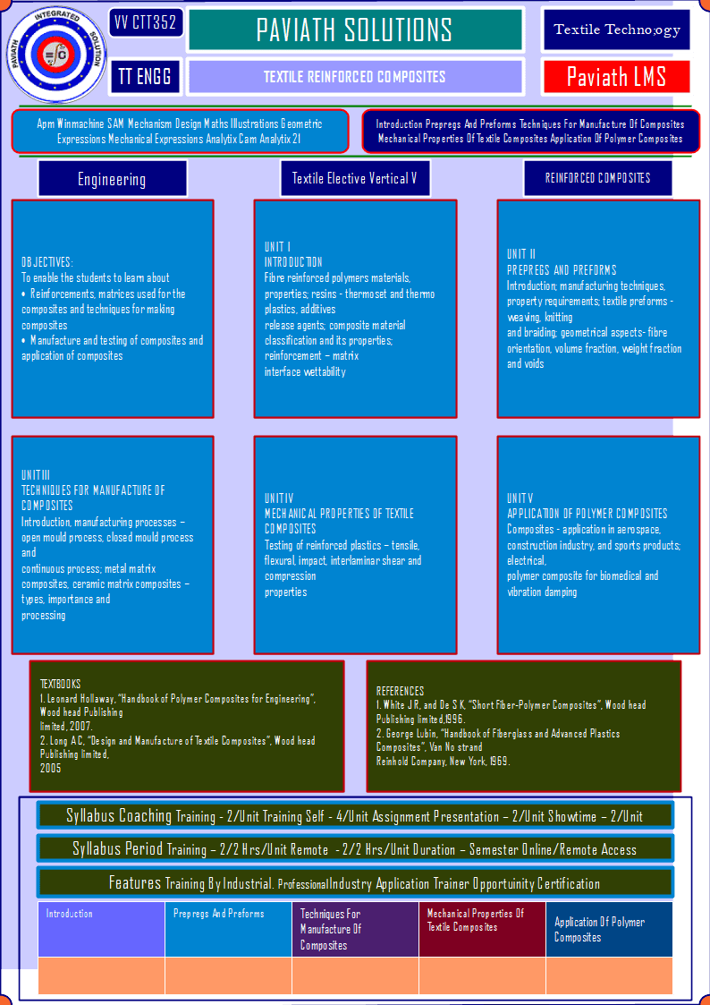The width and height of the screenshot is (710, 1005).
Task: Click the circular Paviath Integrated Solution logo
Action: (55, 55)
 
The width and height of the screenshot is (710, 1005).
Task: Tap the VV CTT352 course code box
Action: (146, 23)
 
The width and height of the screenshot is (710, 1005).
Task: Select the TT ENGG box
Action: (145, 76)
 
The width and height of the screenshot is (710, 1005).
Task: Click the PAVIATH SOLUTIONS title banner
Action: (355, 30)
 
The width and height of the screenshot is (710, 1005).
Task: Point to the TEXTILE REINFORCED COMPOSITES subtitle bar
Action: (355, 77)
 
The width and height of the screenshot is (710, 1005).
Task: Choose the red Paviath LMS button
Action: (616, 77)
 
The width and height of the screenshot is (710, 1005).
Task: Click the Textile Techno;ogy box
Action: (616, 30)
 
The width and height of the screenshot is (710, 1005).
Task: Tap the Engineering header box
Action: (112, 179)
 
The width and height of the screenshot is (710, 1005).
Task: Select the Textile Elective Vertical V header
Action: (355, 178)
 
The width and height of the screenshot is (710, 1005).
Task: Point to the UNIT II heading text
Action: (521, 254)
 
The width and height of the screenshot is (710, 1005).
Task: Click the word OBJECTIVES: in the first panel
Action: (47, 262)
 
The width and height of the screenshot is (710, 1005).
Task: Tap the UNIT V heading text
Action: (520, 498)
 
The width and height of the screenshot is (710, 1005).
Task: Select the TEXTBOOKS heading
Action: (60, 684)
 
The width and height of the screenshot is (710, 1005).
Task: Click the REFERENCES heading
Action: (400, 691)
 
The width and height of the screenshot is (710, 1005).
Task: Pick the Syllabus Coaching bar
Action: (355, 816)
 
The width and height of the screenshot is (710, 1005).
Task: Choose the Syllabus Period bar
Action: (355, 849)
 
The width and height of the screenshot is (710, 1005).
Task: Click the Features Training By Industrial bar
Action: (355, 883)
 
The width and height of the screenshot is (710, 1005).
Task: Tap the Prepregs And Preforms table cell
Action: (229, 929)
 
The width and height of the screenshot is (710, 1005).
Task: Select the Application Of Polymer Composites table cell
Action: (609, 929)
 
